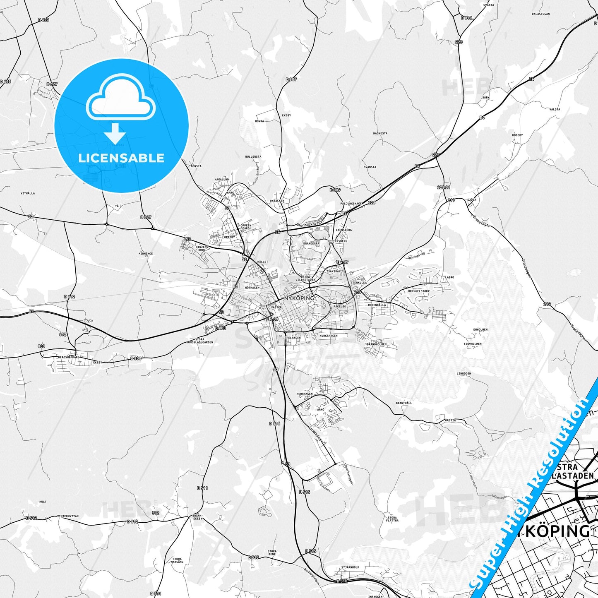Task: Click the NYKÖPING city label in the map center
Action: (299, 298)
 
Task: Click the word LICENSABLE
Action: (121, 158)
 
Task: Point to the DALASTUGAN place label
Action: (540, 14)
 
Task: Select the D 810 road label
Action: (466, 18)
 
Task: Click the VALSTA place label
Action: (555, 109)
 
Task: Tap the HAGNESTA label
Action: (380, 133)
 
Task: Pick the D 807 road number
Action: (291, 79)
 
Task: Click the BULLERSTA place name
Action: (253, 157)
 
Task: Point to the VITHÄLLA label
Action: (28, 193)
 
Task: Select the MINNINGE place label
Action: (146, 254)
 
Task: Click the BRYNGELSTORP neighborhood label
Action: (419, 291)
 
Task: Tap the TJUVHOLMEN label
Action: (472, 343)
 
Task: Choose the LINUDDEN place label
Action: (464, 373)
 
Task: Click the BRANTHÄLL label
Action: (403, 403)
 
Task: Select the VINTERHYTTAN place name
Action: (68, 516)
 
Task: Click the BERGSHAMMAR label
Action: (68, 357)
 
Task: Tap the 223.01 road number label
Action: (443, 187)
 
